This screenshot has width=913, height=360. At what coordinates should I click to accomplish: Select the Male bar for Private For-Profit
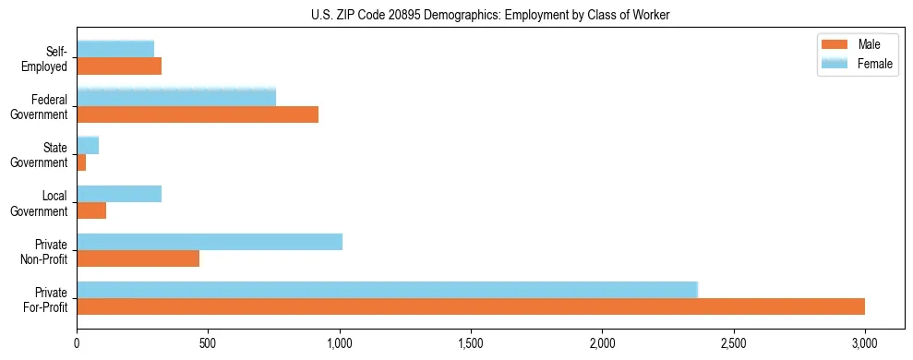(471, 306)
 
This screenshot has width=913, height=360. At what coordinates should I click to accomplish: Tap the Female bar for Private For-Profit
(387, 290)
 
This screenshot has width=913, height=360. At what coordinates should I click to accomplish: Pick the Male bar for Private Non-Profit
(138, 258)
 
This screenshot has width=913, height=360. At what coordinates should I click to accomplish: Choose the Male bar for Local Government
(91, 210)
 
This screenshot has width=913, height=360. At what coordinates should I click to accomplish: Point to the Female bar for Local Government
(119, 194)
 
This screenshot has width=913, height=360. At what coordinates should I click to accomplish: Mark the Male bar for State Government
(81, 162)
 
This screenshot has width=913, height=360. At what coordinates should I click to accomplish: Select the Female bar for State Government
(88, 146)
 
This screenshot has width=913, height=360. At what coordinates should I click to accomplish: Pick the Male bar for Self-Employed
(119, 66)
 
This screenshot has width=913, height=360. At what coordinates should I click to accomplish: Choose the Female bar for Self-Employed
(115, 49)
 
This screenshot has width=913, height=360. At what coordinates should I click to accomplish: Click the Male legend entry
(858, 44)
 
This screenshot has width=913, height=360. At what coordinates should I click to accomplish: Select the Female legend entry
(858, 63)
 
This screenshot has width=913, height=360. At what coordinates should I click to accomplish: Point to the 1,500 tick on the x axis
(471, 343)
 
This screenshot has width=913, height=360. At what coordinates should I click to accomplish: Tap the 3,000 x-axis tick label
(865, 343)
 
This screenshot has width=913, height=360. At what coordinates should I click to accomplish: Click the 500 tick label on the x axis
(208, 343)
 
